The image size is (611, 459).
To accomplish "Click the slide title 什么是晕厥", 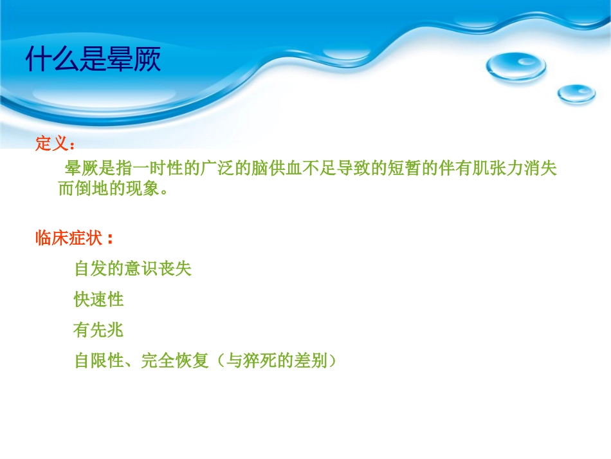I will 93,59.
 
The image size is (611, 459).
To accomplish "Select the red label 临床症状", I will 69,238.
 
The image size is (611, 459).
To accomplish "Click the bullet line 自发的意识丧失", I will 133,268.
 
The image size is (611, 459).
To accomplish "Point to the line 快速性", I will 99,299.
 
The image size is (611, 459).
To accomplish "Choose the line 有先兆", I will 99,331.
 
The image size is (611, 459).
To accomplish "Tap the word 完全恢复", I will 174,361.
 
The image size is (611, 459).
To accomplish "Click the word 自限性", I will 99,361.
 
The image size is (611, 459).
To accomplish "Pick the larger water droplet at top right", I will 516,66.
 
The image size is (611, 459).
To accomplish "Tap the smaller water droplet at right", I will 576,94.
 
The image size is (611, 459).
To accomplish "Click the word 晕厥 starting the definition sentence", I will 81,169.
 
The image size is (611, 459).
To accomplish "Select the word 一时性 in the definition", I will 158,169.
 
